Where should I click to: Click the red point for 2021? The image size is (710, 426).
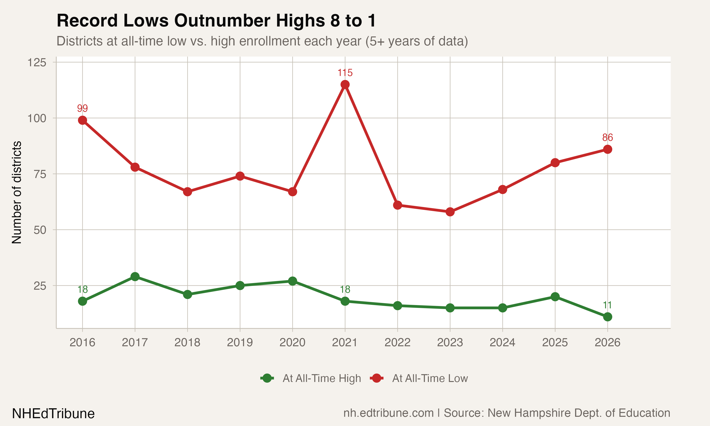[x=345, y=84]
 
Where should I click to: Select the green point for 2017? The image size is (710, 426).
[x=135, y=277]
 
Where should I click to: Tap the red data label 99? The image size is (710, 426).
[x=82, y=108]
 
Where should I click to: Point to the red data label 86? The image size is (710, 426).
[x=608, y=138]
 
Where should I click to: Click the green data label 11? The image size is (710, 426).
[x=607, y=305]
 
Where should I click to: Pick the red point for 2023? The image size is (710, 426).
[x=450, y=212]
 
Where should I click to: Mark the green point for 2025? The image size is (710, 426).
[x=555, y=297]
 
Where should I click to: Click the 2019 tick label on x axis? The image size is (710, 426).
[x=240, y=342]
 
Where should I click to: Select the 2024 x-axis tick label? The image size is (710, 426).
[x=502, y=342]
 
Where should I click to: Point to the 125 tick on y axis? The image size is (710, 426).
[x=37, y=62]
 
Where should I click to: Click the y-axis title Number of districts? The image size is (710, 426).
[x=17, y=192]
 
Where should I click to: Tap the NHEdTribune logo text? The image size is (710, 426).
[x=53, y=414]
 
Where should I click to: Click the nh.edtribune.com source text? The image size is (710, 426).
[x=388, y=413]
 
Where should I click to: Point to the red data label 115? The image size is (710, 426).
[x=345, y=73]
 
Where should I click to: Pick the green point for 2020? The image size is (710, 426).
[x=293, y=281]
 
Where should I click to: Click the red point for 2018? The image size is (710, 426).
[x=187, y=191]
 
